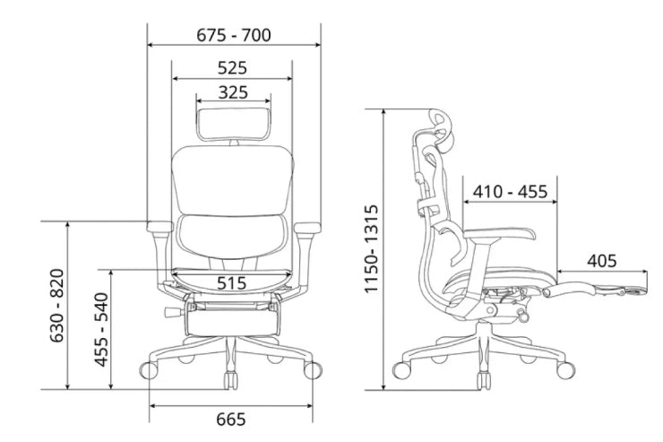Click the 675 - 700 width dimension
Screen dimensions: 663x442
coord(234,35)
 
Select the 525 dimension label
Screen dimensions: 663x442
coord(232,67)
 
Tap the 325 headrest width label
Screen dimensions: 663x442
coord(233,92)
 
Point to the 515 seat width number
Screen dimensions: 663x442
coord(231,283)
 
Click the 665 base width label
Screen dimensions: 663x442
coord(231,420)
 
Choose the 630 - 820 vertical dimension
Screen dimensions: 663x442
coord(57,305)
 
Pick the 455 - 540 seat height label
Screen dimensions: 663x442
coord(101,329)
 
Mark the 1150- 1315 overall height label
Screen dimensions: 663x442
coord(371,248)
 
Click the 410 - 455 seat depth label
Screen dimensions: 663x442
coord(510,192)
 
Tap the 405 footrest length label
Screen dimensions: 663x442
coord(601,261)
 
